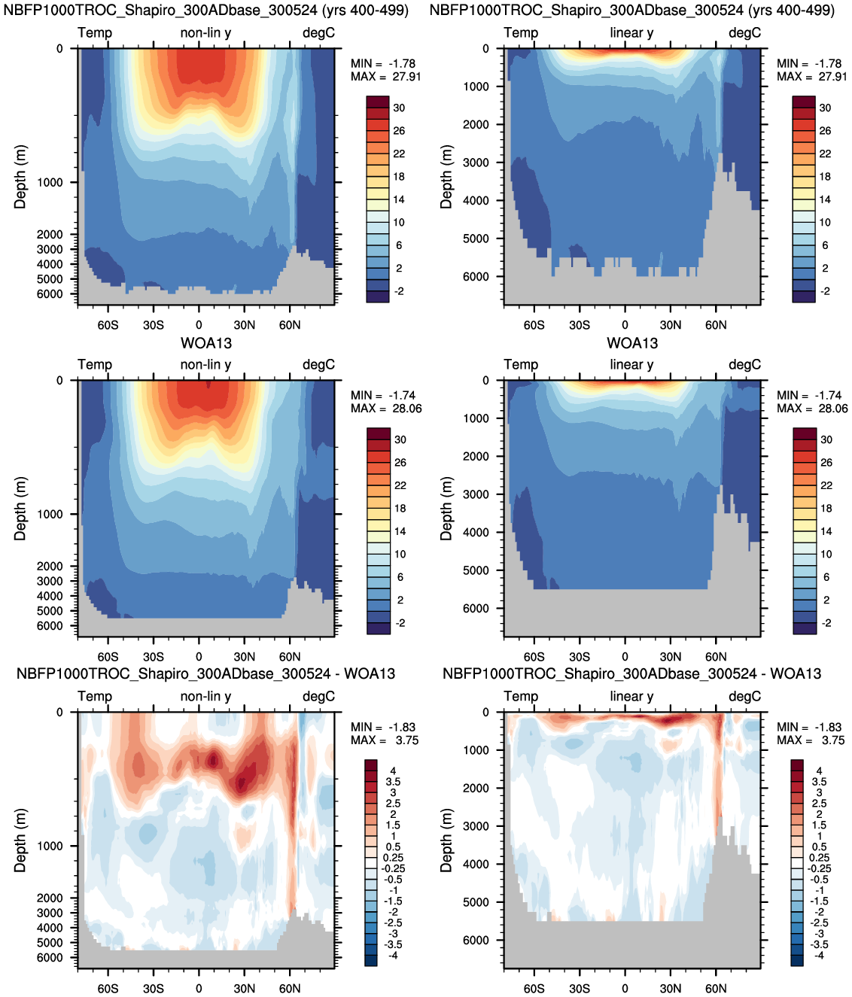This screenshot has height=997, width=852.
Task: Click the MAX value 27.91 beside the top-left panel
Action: pyautogui.click(x=406, y=77)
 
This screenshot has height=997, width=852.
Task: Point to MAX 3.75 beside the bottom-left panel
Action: pyautogui.click(x=406, y=740)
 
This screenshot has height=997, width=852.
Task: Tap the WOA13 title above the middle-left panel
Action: pyautogui.click(x=206, y=343)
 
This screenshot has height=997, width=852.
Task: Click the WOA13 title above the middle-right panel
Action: pyautogui.click(x=632, y=343)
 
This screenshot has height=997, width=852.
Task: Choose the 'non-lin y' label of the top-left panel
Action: pyautogui.click(x=205, y=33)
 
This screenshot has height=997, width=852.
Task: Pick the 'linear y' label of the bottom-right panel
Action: pyautogui.click(x=631, y=697)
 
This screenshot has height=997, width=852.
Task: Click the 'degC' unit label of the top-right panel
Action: pyautogui.click(x=744, y=33)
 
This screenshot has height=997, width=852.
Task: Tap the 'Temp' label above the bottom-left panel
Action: pyautogui.click(x=95, y=697)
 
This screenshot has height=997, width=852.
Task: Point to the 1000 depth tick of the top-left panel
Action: pyautogui.click(x=50, y=182)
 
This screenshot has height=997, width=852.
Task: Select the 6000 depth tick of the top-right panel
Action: pyautogui.click(x=476, y=277)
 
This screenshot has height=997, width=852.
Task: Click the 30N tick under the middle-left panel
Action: pyautogui.click(x=244, y=657)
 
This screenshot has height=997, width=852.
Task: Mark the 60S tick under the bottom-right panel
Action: pyautogui.click(x=534, y=989)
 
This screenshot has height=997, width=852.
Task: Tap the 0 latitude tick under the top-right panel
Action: pyautogui.click(x=625, y=325)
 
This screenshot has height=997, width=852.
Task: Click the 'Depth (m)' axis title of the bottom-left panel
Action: pyautogui.click(x=20, y=840)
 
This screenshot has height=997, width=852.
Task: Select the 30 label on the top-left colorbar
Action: pyautogui.click(x=399, y=108)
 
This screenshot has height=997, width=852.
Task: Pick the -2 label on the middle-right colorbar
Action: pyautogui.click(x=826, y=623)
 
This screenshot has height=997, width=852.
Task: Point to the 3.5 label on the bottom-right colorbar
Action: pyautogui.click(x=819, y=782)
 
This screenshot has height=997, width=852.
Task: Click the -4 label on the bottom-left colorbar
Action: pyautogui.click(x=393, y=956)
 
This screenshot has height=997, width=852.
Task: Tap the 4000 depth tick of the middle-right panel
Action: pyautogui.click(x=476, y=532)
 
